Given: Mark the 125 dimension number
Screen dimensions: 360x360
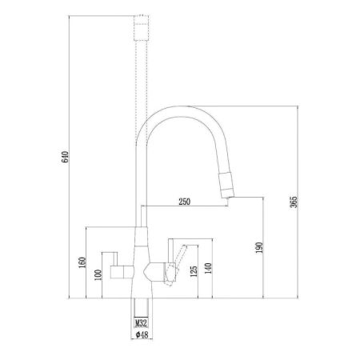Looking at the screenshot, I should pyautogui.click(x=194, y=272).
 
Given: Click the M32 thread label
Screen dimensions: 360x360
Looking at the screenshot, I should pyautogui.click(x=141, y=323).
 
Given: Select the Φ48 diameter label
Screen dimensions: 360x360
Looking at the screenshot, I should pyautogui.click(x=141, y=335).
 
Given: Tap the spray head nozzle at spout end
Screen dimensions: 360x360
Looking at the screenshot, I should pyautogui.click(x=227, y=189).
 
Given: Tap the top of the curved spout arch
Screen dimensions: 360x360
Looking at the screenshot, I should pyautogui.click(x=178, y=109).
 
